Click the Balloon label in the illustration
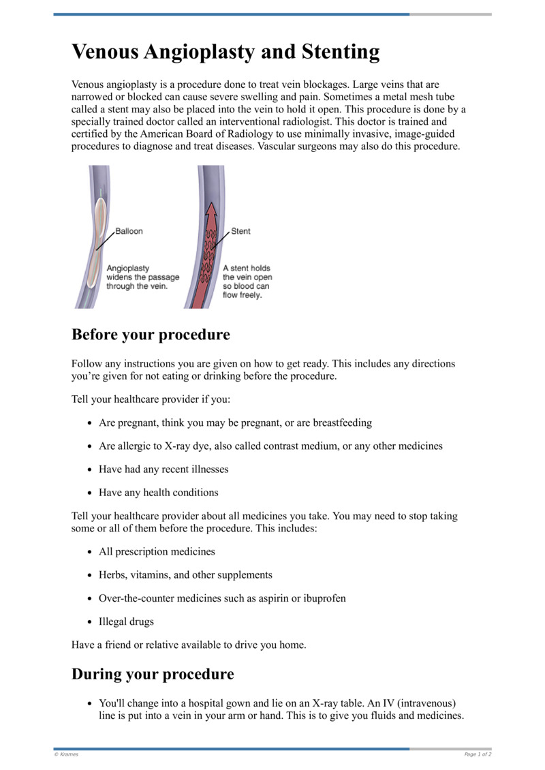coord(129,231)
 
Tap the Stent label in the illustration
coord(240,231)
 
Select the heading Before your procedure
coord(151,335)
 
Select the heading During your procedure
coord(153,675)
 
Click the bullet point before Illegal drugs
coord(90,622)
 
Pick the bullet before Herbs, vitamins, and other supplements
coord(90,575)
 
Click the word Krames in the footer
coord(68,754)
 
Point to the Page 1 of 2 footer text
coord(478,754)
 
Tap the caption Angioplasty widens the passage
coord(142,277)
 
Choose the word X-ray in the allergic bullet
coord(178,446)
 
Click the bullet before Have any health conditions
coord(90,493)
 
